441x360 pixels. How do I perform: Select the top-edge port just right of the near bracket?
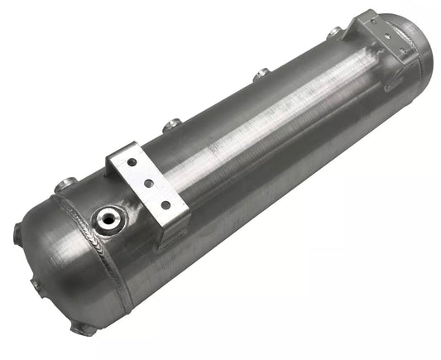coord(172,127)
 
